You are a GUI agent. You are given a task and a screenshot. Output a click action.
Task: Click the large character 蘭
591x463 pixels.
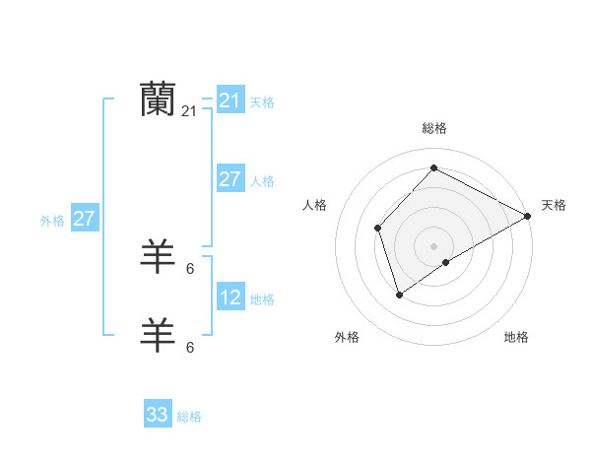pyautogui.click(x=158, y=99)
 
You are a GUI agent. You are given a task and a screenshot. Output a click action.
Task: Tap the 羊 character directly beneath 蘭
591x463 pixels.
pyautogui.click(x=158, y=256)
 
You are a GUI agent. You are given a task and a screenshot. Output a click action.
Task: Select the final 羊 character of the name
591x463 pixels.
pyautogui.click(x=158, y=335)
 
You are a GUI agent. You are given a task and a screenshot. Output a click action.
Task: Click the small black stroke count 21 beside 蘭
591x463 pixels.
pyautogui.click(x=189, y=112)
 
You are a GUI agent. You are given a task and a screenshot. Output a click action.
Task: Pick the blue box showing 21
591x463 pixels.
pyautogui.click(x=230, y=100)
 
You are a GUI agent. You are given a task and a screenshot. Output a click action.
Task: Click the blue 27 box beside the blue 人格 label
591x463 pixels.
pyautogui.click(x=230, y=179)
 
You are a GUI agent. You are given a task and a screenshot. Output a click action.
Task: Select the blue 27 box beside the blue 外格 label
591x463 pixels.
pyautogui.click(x=84, y=219)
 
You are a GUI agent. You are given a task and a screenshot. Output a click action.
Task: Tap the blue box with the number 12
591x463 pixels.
pyautogui.click(x=230, y=298)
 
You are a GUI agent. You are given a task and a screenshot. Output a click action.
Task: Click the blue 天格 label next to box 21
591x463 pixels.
pyautogui.click(x=262, y=102)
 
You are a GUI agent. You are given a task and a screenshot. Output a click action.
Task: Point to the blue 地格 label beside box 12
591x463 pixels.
pyautogui.click(x=262, y=299)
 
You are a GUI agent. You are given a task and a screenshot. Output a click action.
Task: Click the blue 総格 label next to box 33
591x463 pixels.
pyautogui.click(x=189, y=417)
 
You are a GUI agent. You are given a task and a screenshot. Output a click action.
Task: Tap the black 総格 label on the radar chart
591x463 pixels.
pyautogui.click(x=433, y=128)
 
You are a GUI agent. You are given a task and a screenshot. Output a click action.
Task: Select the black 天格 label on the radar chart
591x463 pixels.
pyautogui.click(x=554, y=205)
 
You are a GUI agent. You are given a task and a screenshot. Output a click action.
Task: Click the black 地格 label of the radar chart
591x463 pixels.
pyautogui.click(x=516, y=337)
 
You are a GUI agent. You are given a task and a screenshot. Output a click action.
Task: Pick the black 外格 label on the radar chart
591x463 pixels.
pyautogui.click(x=347, y=337)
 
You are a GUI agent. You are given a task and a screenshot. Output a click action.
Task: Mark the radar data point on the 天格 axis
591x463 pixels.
pyautogui.click(x=528, y=216)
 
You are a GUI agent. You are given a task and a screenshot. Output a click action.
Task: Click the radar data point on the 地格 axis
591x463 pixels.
pyautogui.click(x=446, y=262)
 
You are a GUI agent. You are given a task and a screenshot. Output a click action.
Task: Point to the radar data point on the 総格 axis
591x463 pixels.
pyautogui.click(x=433, y=167)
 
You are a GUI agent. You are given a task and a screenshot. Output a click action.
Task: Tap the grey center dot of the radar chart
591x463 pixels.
pyautogui.click(x=433, y=245)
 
